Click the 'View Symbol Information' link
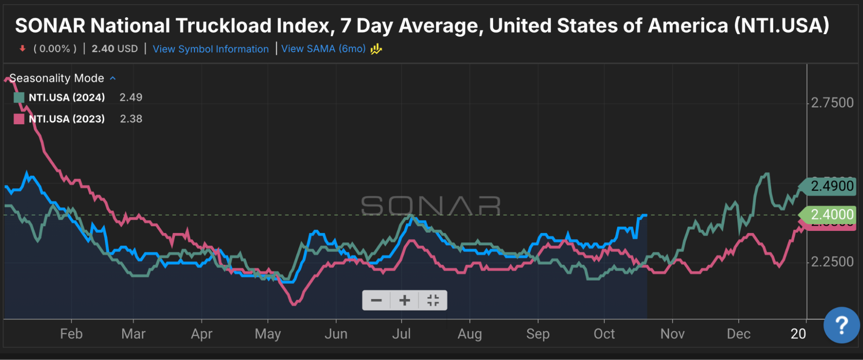tap(210, 49)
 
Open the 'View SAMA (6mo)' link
tap(323, 49)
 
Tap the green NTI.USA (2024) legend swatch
tap(19, 98)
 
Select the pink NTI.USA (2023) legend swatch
tap(19, 119)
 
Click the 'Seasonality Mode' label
tap(57, 78)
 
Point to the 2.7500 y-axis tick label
tap(832, 103)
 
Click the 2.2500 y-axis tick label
tap(832, 262)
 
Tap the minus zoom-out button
tap(377, 300)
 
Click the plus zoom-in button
tap(405, 300)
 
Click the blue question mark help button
tap(841, 325)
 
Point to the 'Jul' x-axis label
tap(401, 334)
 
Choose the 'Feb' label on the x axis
tap(71, 334)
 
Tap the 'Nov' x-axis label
tap(672, 334)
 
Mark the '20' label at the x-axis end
tap(798, 334)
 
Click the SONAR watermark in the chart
tap(431, 205)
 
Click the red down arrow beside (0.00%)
tap(22, 49)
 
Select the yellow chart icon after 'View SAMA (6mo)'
tap(376, 49)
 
